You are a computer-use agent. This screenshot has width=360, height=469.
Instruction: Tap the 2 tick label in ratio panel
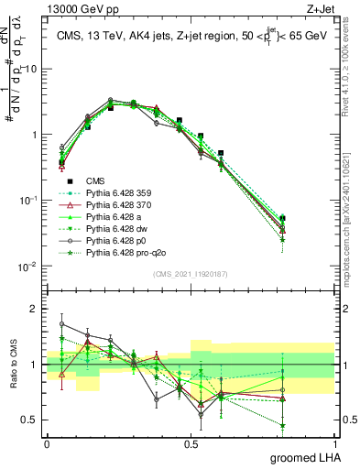coord(36,309)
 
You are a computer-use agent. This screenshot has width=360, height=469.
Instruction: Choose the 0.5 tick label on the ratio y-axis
coord(32,421)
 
